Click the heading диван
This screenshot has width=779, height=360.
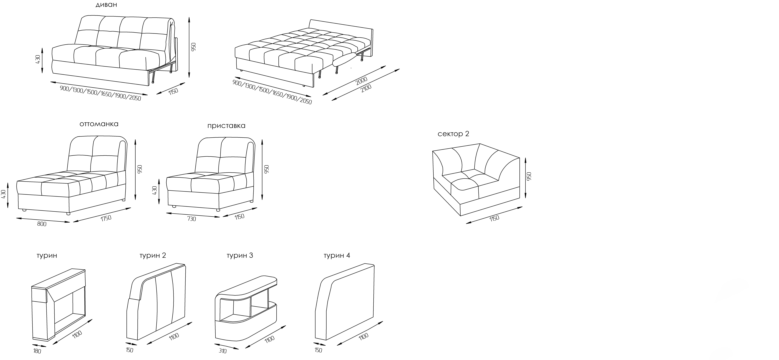click(x=106, y=5)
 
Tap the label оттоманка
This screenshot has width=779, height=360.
click(x=99, y=124)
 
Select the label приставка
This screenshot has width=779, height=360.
click(x=226, y=126)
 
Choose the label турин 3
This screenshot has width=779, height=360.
click(x=240, y=255)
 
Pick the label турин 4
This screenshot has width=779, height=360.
click(x=337, y=255)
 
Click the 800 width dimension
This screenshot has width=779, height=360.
click(x=42, y=224)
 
